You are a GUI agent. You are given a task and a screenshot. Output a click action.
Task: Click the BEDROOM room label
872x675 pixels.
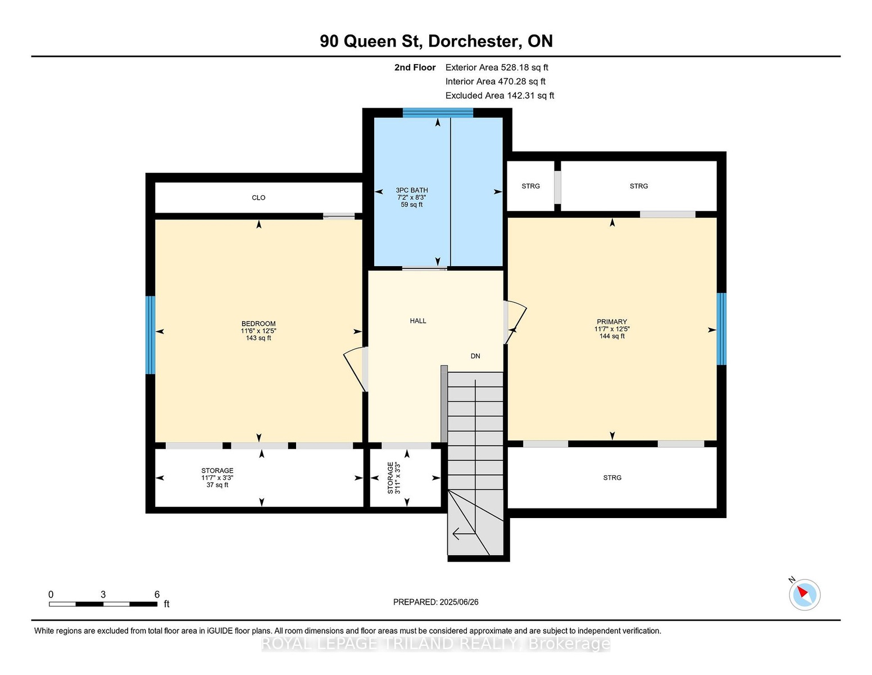[258, 323]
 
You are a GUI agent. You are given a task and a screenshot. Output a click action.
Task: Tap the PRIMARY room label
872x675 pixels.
[611, 322]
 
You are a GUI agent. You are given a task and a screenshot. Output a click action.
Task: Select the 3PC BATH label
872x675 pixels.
[412, 190]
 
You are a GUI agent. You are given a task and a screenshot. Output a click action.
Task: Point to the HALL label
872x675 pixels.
[418, 321]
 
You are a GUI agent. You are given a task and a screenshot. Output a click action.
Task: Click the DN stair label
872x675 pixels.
[475, 356]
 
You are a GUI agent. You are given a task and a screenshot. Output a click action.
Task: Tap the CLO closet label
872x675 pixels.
[258, 197]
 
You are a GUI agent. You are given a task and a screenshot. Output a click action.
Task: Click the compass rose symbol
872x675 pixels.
[804, 595]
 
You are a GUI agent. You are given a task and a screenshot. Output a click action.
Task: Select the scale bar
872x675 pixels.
[103, 604]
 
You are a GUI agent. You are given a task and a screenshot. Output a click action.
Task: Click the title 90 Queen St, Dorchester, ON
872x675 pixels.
[436, 41]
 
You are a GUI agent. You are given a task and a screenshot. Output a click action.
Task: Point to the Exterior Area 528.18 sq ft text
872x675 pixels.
[497, 67]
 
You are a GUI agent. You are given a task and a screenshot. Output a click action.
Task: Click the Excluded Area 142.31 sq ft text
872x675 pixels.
[499, 96]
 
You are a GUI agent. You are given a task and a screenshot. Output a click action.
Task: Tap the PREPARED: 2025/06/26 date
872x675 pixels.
[436, 602]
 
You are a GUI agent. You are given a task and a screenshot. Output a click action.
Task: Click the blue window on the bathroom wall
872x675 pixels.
[438, 113]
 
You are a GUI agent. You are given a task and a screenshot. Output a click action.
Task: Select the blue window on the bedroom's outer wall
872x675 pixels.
[150, 335]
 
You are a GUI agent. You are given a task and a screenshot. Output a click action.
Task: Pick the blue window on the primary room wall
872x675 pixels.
[721, 329]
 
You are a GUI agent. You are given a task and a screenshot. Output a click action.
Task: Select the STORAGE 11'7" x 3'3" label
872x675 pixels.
[217, 478]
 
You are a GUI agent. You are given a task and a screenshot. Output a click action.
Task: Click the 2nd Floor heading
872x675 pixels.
[415, 67]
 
